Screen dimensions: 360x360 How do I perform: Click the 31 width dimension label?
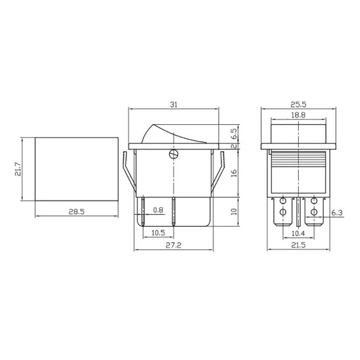coord(173,104)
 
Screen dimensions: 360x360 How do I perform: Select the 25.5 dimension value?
coord(298,104)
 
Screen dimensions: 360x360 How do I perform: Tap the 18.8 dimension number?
coord(298,115)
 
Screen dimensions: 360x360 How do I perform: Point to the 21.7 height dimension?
coord(18,169)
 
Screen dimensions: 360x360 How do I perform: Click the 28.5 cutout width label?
coord(76,212)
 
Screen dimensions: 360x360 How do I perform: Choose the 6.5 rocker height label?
coord(234,134)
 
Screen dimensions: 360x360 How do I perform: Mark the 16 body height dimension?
coord(234,173)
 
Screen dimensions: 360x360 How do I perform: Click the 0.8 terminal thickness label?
coord(158,210)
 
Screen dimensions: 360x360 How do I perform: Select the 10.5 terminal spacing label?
coord(158,233)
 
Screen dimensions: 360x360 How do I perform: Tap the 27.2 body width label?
coord(173,245)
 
